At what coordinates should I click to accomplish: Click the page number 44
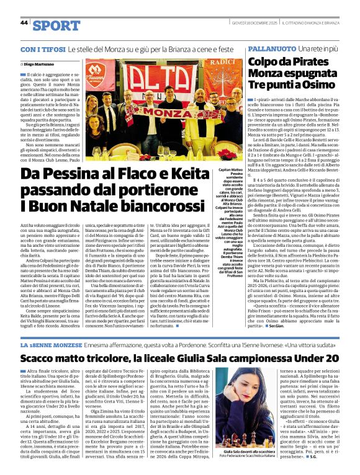tap(24, 23)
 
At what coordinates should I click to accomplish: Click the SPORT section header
tap(56, 25)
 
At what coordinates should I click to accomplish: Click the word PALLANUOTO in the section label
tap(271, 48)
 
